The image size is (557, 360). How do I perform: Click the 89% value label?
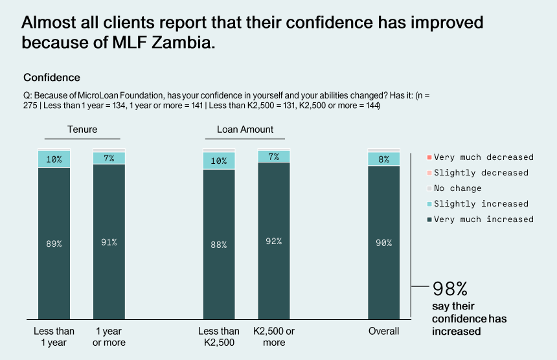54,243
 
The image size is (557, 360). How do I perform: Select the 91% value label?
109,242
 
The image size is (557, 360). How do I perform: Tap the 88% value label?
219,244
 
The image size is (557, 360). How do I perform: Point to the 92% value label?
274,242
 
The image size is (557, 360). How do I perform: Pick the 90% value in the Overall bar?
384,243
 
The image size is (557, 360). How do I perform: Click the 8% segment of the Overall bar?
384,159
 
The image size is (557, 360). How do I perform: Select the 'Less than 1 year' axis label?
54,337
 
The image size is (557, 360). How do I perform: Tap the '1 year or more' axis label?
109,337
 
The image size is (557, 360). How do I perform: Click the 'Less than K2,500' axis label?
219,337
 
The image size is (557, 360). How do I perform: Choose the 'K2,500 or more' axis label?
274,337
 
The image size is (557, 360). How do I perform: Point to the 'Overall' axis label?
384,332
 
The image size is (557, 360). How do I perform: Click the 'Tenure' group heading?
82,129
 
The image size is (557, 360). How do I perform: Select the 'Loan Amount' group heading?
245,129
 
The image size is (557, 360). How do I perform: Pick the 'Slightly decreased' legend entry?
481,173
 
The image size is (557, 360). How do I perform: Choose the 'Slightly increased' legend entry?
481,204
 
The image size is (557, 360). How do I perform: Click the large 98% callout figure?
449,289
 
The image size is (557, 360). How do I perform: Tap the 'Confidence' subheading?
52,78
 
